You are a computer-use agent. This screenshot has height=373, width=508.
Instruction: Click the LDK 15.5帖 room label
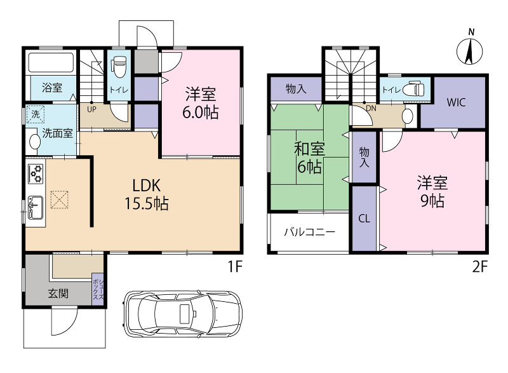[x=147, y=194]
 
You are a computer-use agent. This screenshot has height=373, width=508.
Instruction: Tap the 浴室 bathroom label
[x=52, y=88]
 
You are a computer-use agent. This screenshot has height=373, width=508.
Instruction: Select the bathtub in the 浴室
[x=51, y=62]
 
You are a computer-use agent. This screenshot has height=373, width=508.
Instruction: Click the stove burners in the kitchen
[x=36, y=173]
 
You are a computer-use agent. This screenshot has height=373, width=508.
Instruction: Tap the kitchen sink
[x=36, y=207]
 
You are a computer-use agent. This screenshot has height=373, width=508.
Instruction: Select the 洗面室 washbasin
[x=33, y=142]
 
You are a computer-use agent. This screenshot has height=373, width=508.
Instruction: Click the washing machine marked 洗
[x=36, y=114]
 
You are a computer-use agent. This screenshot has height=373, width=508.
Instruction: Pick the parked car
[x=182, y=313]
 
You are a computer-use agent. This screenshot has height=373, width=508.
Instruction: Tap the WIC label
[x=456, y=102]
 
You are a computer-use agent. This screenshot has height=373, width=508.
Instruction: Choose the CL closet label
[x=364, y=219]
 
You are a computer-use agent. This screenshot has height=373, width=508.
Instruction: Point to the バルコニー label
[x=309, y=232]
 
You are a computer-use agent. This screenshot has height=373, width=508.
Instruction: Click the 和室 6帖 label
[x=309, y=158]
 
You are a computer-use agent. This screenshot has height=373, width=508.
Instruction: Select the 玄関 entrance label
[x=58, y=294]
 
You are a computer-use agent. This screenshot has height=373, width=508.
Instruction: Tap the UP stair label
[x=91, y=109]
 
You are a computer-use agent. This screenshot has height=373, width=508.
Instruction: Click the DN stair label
[x=371, y=108]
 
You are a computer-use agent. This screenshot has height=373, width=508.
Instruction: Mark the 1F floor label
[x=235, y=267]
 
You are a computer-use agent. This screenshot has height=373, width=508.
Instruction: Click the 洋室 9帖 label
[x=432, y=191]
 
